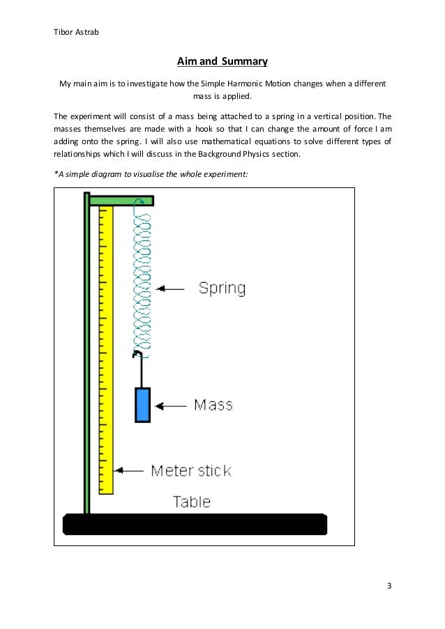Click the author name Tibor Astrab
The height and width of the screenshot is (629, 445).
coord(77,31)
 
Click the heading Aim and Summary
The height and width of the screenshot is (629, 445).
coord(222,62)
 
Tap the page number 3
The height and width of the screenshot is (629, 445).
coord(389,584)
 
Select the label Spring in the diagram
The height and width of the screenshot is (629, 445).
coord(222,288)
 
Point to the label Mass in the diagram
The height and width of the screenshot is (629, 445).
coord(213,405)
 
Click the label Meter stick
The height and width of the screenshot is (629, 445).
coord(190,471)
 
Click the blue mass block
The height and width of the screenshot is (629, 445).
coord(142,405)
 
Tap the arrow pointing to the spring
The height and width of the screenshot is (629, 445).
coord(171,288)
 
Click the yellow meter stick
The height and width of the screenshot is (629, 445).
coord(106,348)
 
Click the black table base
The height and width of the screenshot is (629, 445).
coord(195,524)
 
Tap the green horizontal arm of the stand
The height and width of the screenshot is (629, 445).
coord(121,201)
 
